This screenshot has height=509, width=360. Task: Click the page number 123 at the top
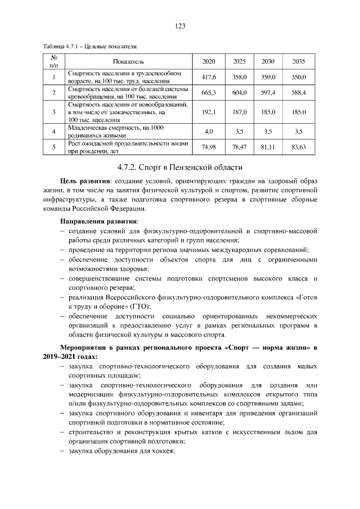pos(180,26)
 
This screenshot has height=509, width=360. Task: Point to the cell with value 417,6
pos(209,77)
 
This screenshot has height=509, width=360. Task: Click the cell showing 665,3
pos(209,93)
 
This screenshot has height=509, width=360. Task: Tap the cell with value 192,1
pos(209,112)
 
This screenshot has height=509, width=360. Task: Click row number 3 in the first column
pos(53,112)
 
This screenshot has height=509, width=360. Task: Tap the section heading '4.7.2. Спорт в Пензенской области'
pos(180,167)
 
